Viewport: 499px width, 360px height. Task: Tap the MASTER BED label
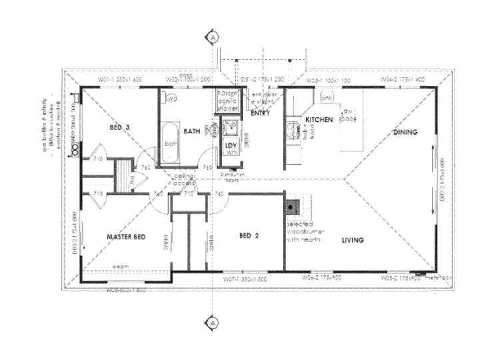pyautogui.click(x=127, y=237)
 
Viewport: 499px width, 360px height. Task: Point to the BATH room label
pyautogui.click(x=193, y=131)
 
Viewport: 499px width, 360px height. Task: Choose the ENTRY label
pyautogui.click(x=260, y=114)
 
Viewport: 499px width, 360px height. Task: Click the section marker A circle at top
pyautogui.click(x=213, y=37)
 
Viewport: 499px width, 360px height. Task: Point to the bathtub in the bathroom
pyautogui.click(x=171, y=142)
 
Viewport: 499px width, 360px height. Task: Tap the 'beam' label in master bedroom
pyautogui.click(x=120, y=266)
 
